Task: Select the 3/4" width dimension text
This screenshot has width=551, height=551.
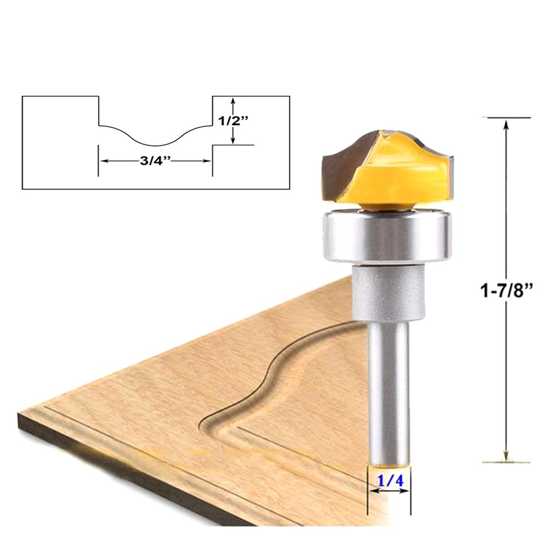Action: pos(156,162)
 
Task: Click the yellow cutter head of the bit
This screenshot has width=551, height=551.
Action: pos(402,172)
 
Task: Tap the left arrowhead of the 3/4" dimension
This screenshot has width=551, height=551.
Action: pos(104,162)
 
